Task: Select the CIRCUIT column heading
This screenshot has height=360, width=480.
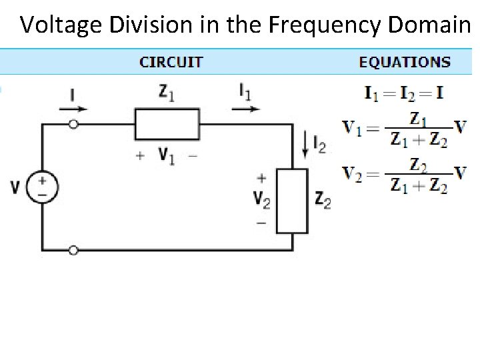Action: click(x=171, y=63)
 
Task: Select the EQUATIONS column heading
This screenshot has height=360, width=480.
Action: click(x=405, y=63)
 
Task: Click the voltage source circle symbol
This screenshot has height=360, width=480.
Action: click(x=41, y=187)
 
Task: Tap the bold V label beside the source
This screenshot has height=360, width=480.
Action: click(x=15, y=187)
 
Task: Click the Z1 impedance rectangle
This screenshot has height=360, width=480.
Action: click(x=167, y=124)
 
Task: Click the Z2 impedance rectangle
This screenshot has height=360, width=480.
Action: click(x=293, y=201)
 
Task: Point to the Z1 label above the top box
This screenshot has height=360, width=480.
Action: click(x=167, y=94)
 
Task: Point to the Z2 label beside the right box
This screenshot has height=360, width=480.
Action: click(x=323, y=199)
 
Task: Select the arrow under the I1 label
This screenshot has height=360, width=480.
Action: click(x=248, y=108)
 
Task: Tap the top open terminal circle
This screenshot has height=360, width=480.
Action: click(x=73, y=125)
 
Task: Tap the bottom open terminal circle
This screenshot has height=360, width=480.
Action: click(x=73, y=250)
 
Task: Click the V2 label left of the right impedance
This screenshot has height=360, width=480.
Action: click(x=261, y=199)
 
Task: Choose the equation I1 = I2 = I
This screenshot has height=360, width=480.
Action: click(x=404, y=92)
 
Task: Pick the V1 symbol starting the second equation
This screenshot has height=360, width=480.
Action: click(x=353, y=126)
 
